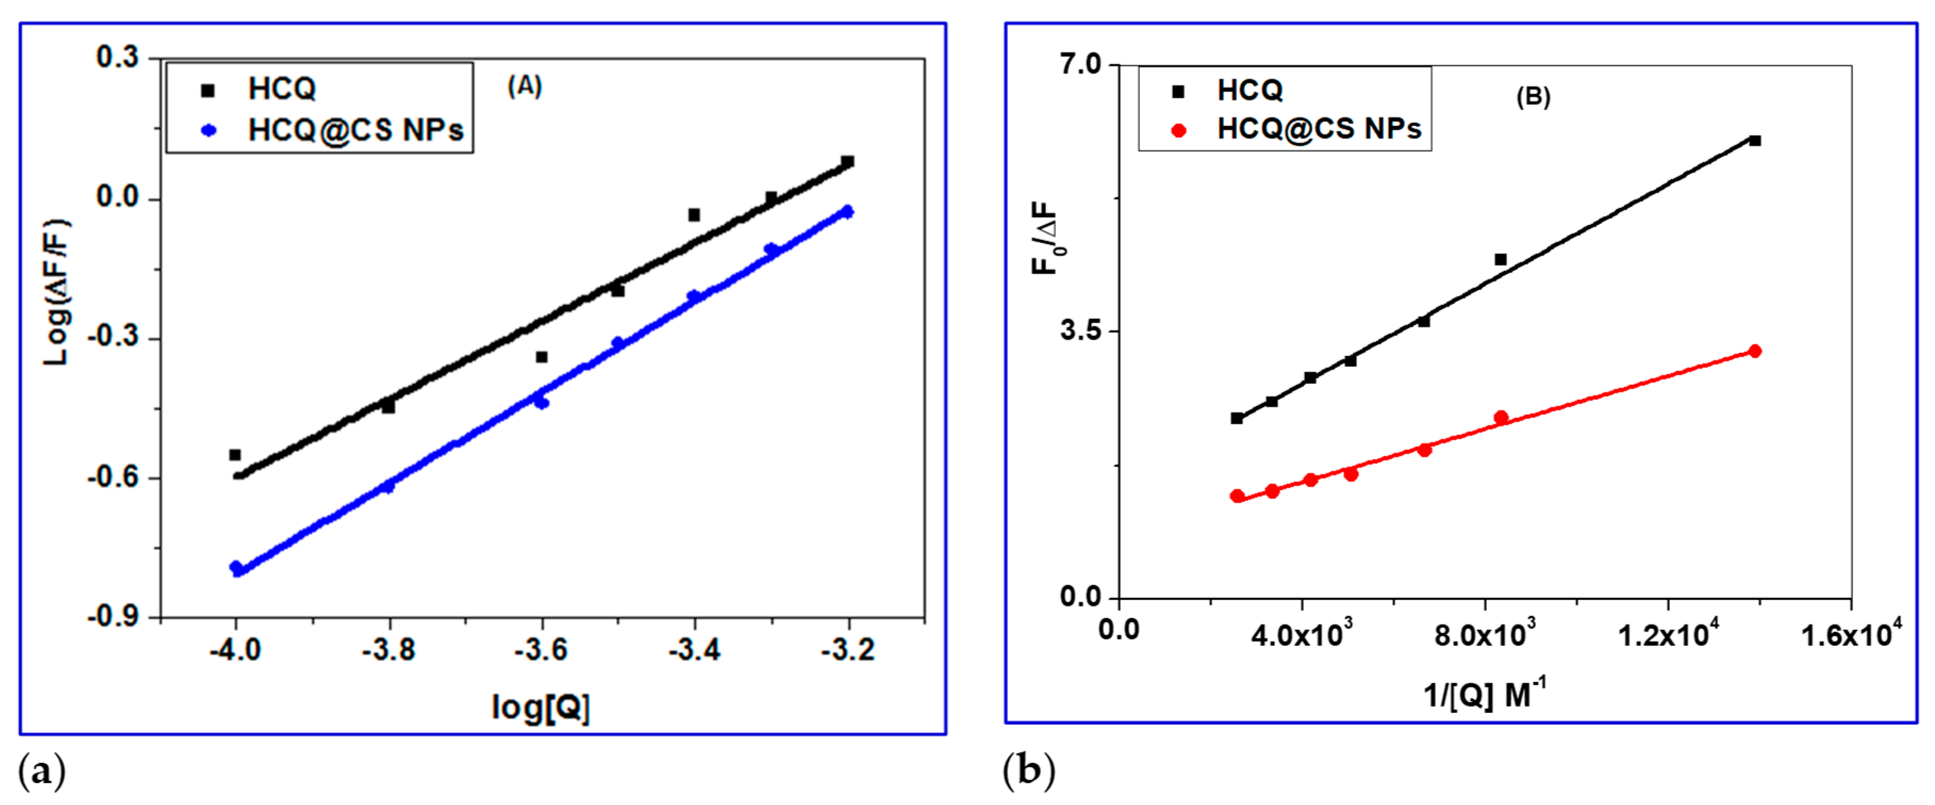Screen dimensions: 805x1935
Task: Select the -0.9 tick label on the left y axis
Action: point(113,617)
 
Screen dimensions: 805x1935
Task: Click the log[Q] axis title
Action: point(541,707)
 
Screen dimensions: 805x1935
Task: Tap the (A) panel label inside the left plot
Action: point(524,86)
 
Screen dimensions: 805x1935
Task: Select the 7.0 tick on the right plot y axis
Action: point(1080,64)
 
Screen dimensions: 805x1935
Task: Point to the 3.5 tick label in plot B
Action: point(1080,331)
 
